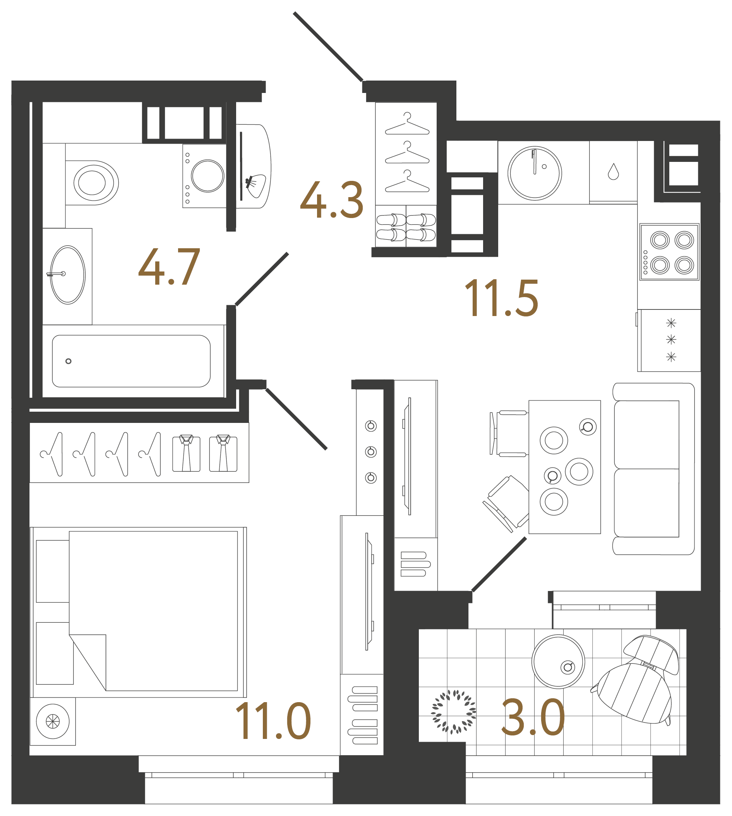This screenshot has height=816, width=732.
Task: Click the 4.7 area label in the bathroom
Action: [x=169, y=266]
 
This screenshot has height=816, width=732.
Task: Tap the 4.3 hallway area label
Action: [x=332, y=200]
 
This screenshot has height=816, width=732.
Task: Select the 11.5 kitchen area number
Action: [x=501, y=298]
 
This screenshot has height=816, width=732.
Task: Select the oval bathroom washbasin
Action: [x=68, y=275]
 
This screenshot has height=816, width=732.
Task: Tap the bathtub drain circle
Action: [x=69, y=361]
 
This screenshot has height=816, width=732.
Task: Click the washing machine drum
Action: [x=207, y=176]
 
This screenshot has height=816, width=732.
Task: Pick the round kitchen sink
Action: [x=535, y=173]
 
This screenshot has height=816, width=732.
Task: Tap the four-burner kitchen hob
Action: [x=669, y=252]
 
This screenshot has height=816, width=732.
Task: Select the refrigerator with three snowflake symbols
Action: [x=670, y=340]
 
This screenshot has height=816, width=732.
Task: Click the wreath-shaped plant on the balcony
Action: [x=454, y=712]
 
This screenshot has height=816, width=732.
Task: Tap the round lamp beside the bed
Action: [x=53, y=722]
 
